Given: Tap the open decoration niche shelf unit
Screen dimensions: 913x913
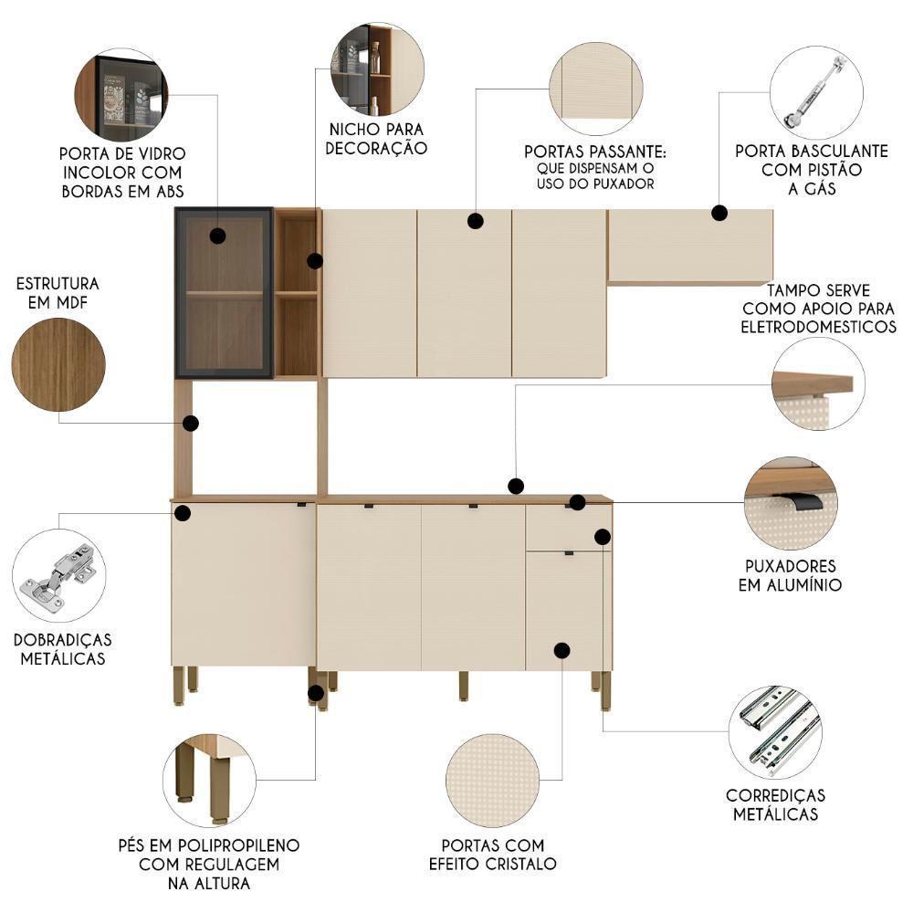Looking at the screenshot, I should (297, 292).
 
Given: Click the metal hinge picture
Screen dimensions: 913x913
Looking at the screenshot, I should (59, 575).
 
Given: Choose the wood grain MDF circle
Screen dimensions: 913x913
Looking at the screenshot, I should (58, 364).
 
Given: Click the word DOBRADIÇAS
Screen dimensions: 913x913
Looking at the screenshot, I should (62, 639).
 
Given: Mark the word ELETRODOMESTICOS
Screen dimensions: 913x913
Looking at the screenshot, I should (819, 326).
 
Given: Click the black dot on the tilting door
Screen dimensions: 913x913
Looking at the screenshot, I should (719, 214).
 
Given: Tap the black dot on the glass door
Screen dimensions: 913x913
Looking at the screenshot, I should (217, 236).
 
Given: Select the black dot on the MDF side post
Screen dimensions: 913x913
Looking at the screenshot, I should (191, 424).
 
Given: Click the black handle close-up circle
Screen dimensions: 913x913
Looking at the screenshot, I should (791, 503).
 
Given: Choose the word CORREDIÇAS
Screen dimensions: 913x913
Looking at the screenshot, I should (775, 795).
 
